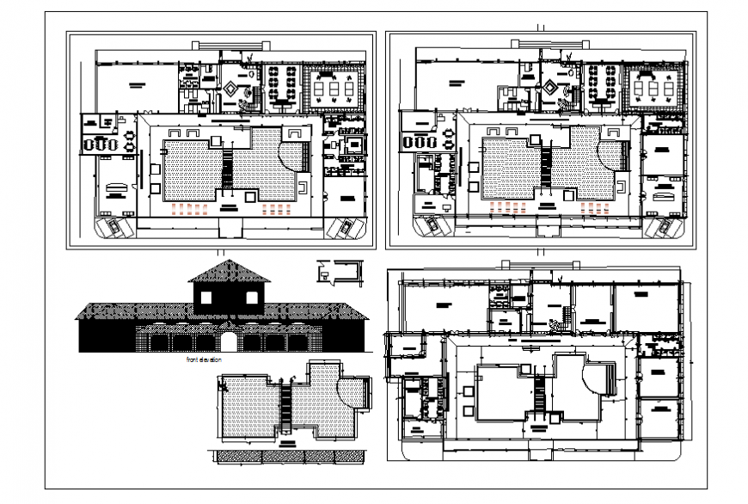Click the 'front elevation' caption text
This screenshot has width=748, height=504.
[203, 360]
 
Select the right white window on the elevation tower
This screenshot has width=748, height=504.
[252, 298]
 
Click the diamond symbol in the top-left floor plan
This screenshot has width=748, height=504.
[232, 88]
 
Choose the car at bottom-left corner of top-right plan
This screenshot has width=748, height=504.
[426, 225]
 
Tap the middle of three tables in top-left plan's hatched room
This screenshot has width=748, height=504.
[331, 86]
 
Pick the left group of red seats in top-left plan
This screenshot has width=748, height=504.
[188, 208]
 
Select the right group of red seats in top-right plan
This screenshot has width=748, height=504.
[595, 208]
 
